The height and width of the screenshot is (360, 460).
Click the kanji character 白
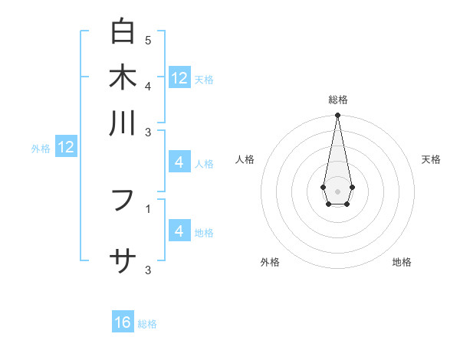point(123,32)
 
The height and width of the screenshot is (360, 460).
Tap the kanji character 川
point(123,123)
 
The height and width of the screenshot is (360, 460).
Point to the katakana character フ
point(123,201)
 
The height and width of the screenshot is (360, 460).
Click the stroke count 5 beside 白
point(148,40)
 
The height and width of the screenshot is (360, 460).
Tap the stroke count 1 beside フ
point(148,208)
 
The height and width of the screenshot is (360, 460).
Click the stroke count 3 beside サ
point(148,270)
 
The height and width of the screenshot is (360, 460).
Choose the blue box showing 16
point(123,322)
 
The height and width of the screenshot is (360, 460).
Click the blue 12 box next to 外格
point(66,147)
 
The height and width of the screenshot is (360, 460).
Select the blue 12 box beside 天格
point(179,78)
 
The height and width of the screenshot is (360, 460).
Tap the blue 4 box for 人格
point(179,162)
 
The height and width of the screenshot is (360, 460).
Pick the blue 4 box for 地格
point(179,231)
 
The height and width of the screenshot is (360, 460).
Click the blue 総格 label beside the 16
point(147,324)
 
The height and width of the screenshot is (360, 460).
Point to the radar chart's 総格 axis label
point(337,100)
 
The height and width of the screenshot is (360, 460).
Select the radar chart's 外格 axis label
point(270,262)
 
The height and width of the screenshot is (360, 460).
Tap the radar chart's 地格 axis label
point(402,262)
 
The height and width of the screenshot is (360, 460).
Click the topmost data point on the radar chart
point(337,116)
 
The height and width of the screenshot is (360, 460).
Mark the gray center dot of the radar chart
point(337,191)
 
